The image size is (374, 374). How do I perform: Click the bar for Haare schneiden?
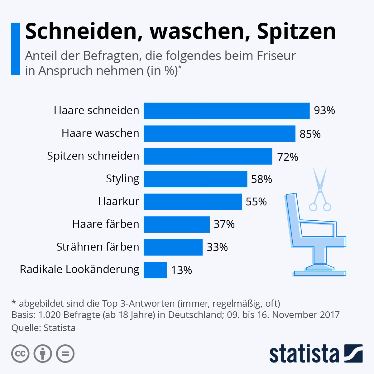pos(227,111)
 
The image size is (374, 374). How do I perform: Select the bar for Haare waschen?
pos(219,133)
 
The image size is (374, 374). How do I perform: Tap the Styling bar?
pos(195,179)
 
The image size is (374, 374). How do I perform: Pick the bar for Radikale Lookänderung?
pos(155,270)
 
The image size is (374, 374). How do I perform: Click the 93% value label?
pos(324,111)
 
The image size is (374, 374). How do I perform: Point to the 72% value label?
pos(288,157)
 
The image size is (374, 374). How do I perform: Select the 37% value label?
pos(224,224)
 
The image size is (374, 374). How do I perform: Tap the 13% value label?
pos(181,270)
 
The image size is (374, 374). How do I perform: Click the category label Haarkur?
pos(118,201)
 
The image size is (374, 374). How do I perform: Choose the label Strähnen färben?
pos(98,247)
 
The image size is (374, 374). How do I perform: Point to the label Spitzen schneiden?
pos(93,156)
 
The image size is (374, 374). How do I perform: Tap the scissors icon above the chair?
pos(320,190)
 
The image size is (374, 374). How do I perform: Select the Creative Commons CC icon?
pos(20,353)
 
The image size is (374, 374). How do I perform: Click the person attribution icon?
pos(43,353)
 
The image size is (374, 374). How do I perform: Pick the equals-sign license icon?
pos(65,353)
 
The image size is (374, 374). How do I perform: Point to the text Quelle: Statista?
pos(43,328)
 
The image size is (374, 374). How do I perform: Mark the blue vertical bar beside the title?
pos(15,49)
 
